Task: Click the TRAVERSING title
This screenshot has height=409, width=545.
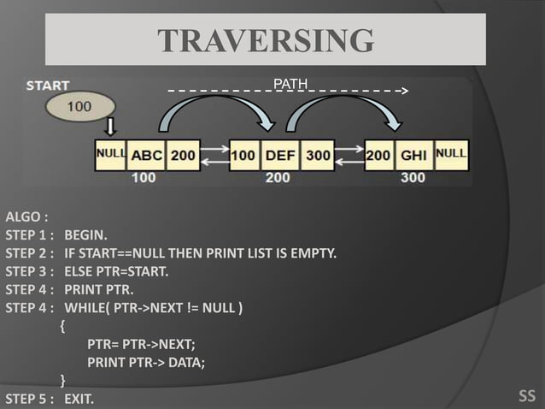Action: [x=267, y=40]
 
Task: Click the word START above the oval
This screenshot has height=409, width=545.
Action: [x=48, y=86]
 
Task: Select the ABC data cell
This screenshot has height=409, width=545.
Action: [x=145, y=155]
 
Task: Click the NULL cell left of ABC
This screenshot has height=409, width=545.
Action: [x=110, y=154]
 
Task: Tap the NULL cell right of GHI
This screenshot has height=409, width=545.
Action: [x=451, y=154]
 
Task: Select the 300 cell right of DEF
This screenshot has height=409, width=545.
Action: [x=318, y=155]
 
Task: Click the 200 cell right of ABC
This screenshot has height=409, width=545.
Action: [x=183, y=155]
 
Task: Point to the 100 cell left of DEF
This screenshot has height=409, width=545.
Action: [x=243, y=155]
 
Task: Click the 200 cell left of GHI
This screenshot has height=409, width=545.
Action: [x=378, y=155]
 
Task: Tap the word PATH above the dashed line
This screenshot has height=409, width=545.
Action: [x=290, y=83]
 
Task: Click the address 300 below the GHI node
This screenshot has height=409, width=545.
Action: [x=413, y=178]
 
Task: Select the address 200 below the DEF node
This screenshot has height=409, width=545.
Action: [x=278, y=178]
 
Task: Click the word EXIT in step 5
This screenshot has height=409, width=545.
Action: [x=79, y=399]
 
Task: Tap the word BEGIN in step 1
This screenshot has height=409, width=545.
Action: [x=86, y=234]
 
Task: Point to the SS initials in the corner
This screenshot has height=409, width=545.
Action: [x=527, y=395]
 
